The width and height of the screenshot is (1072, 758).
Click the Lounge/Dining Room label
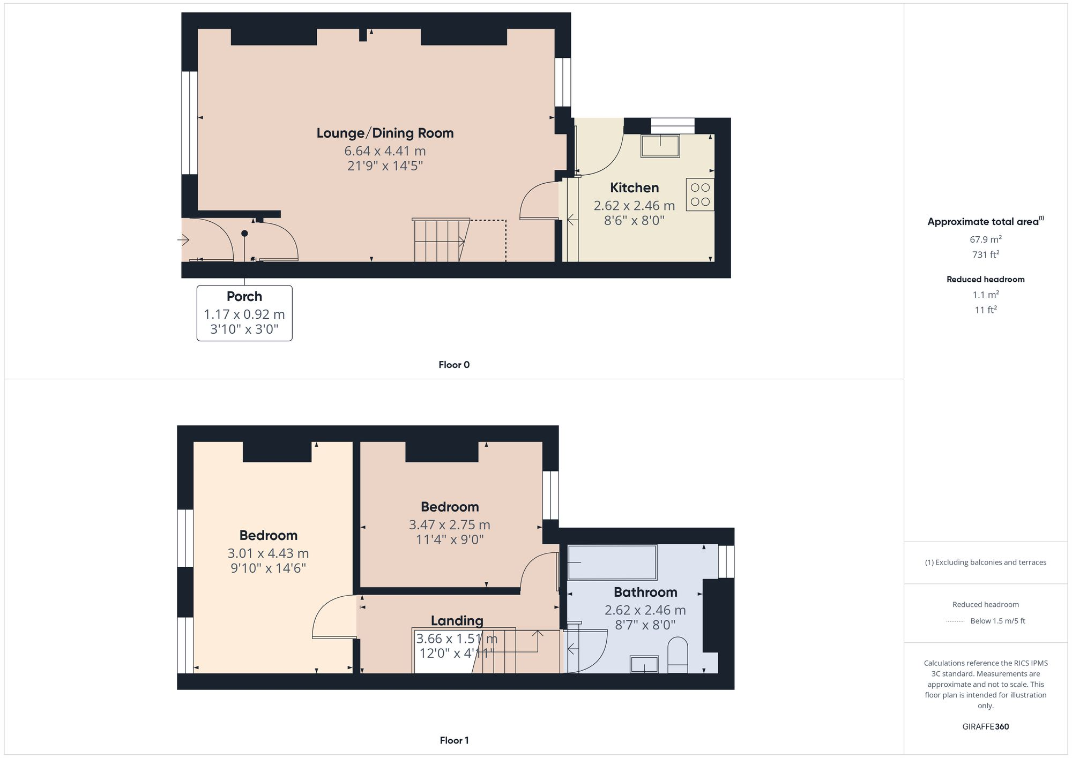pos(385,133)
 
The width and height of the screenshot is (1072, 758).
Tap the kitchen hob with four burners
pos(700,194)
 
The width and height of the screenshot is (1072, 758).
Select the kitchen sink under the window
pos(660,146)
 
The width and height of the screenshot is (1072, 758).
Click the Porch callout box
pos(244,313)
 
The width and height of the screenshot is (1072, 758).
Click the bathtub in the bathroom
pos(612,562)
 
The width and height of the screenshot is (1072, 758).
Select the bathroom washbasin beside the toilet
pos(644,664)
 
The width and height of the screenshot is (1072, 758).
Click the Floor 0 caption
pos(454,365)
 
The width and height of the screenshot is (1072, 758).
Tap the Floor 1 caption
pos(454,740)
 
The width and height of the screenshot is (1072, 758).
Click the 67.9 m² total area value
pos(985,239)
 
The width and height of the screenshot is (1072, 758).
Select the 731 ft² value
pos(985,254)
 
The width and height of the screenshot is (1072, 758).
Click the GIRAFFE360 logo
pos(985,726)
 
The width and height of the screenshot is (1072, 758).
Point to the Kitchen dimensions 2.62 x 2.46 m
pos(634,205)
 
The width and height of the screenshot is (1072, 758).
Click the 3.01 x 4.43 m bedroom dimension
pos(268,553)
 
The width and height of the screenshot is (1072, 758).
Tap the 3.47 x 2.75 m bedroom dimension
pos(449,524)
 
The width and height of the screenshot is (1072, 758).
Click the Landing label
pos(457,620)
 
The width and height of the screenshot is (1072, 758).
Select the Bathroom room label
pos(645,592)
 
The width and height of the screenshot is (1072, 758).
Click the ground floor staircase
pos(440,241)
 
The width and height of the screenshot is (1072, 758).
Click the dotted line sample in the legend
pos(955,621)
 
